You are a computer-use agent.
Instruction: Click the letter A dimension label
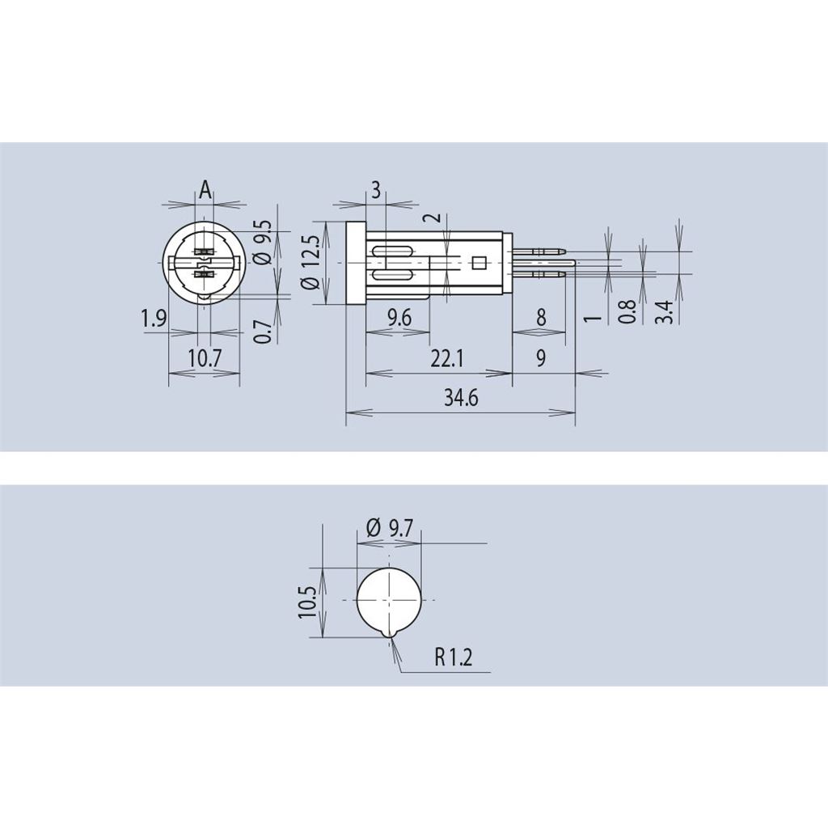205,189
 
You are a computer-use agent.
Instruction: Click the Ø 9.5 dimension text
263,242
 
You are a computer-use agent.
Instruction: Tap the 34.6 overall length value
460,397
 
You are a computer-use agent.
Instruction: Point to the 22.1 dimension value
446,359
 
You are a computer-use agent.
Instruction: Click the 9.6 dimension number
399,318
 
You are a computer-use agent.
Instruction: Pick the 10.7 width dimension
204,359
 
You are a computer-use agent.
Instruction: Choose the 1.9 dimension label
154,319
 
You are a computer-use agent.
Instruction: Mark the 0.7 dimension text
263,331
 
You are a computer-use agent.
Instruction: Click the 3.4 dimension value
665,311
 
